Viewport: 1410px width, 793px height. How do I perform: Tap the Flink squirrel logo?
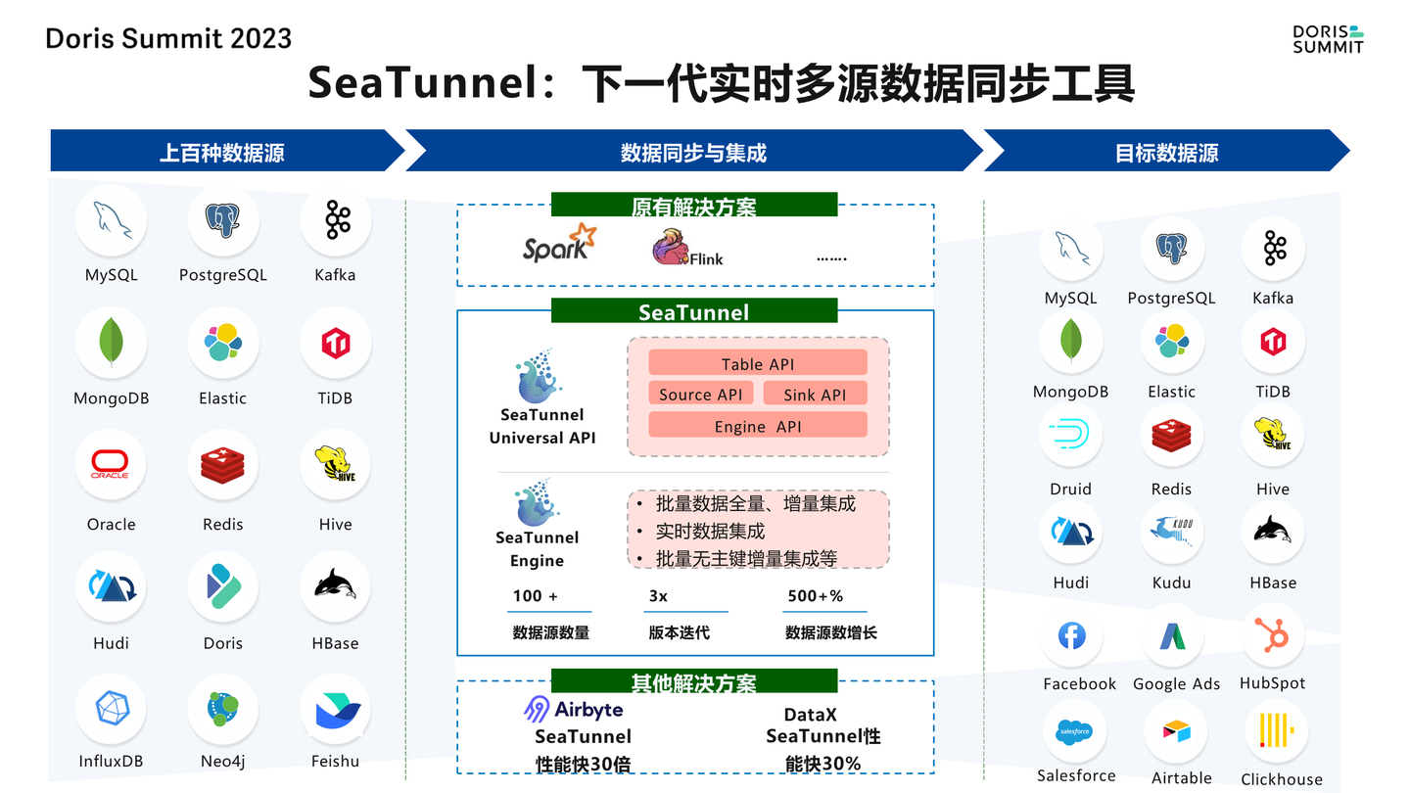click(672, 248)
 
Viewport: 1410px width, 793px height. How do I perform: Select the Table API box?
click(758, 363)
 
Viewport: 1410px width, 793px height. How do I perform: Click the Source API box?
click(701, 394)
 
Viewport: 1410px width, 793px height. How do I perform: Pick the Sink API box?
click(814, 394)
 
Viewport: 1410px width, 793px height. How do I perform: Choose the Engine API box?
click(758, 425)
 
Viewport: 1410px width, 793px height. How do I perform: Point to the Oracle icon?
click(111, 465)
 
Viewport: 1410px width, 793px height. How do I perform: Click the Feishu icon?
click(335, 710)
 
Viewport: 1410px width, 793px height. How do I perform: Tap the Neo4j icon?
click(222, 709)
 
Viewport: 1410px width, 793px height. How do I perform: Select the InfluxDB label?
click(111, 761)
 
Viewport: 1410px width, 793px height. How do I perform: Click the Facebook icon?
click(1072, 636)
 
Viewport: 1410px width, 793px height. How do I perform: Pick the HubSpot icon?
click(1273, 636)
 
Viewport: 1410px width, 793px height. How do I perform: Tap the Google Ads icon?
click(1173, 637)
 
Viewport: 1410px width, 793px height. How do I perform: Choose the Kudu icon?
click(1171, 531)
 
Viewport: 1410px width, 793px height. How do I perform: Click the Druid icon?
click(1069, 435)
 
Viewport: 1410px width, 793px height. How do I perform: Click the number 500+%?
click(815, 595)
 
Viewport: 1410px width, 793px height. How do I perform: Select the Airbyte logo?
click(574, 709)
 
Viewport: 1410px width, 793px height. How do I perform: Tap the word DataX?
click(810, 715)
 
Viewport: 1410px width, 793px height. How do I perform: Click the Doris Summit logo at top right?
click(1328, 38)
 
